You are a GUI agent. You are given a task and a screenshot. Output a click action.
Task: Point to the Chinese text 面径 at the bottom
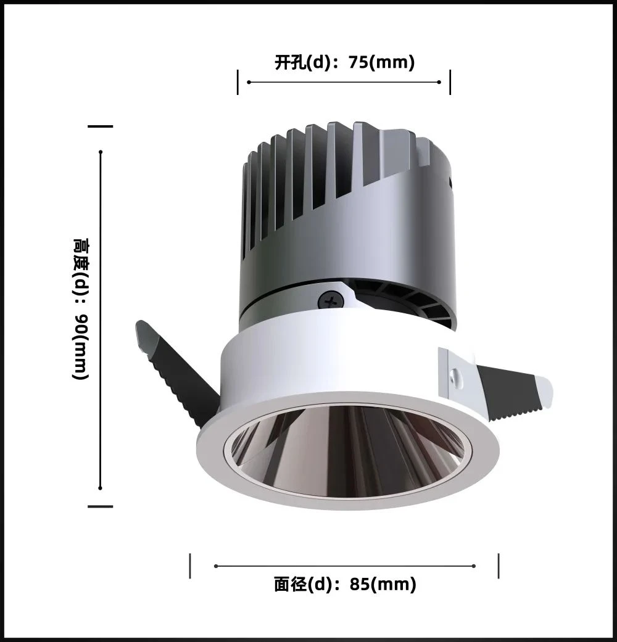[290, 584]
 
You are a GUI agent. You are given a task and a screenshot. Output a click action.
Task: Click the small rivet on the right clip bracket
[456, 374]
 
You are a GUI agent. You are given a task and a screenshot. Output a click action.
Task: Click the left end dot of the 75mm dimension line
[249, 82]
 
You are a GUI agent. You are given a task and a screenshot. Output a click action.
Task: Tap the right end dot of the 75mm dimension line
[439, 82]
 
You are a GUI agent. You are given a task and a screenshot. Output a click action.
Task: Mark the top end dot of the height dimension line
[101, 152]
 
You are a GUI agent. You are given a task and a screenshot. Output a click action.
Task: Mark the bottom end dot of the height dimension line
[101, 487]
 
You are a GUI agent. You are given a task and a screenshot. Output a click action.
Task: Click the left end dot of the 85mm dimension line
[215, 566]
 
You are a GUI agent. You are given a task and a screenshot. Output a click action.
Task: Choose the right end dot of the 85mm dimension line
[474, 566]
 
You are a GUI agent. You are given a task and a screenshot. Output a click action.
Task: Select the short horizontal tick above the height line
[101, 126]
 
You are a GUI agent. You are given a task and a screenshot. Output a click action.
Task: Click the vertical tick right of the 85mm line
[499, 566]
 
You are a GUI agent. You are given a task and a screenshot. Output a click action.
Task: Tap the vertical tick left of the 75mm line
[238, 82]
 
